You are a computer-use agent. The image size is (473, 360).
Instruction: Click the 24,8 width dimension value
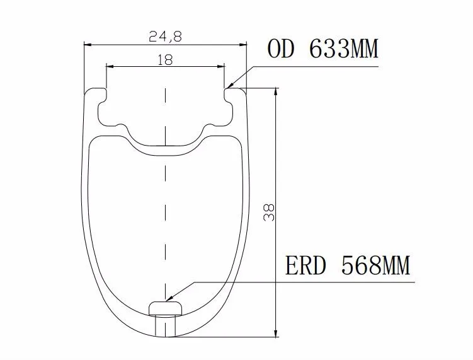[x=165, y=37]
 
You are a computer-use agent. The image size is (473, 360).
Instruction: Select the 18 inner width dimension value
[x=165, y=60]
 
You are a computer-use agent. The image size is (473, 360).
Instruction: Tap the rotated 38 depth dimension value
[x=269, y=212]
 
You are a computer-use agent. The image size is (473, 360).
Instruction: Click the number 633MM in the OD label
[x=344, y=49]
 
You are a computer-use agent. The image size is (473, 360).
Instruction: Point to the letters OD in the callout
[x=280, y=49]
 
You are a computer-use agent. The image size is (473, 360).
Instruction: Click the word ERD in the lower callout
[x=306, y=265]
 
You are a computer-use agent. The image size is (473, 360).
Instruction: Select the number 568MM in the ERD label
[x=376, y=265]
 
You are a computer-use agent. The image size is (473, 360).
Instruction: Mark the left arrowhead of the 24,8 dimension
[x=88, y=45]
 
